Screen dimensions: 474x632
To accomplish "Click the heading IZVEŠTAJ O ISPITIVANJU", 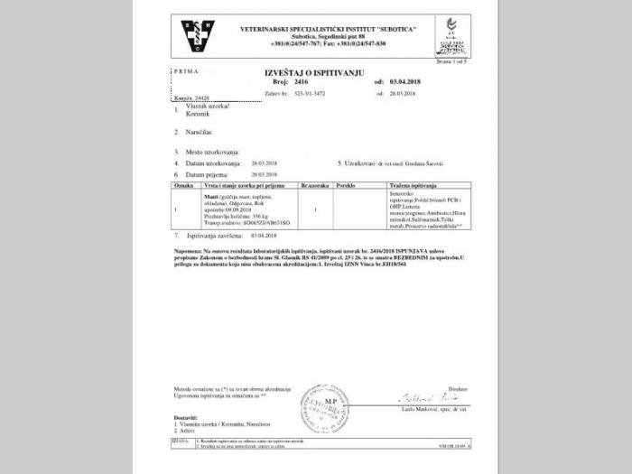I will click(x=314, y=71).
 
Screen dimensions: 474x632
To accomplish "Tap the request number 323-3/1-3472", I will click(x=315, y=92).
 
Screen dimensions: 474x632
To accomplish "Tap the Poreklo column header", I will click(x=345, y=184).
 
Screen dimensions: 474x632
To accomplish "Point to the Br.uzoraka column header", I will click(x=313, y=184).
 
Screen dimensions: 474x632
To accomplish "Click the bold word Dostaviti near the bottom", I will click(x=186, y=416).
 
